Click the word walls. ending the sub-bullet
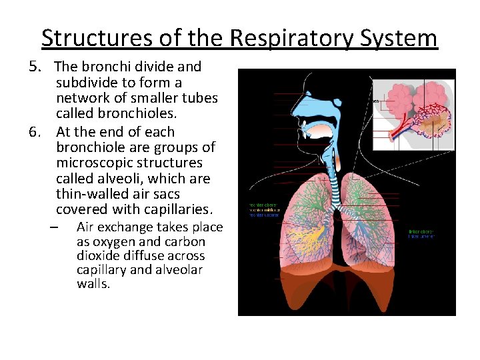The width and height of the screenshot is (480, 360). pos(93,283)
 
